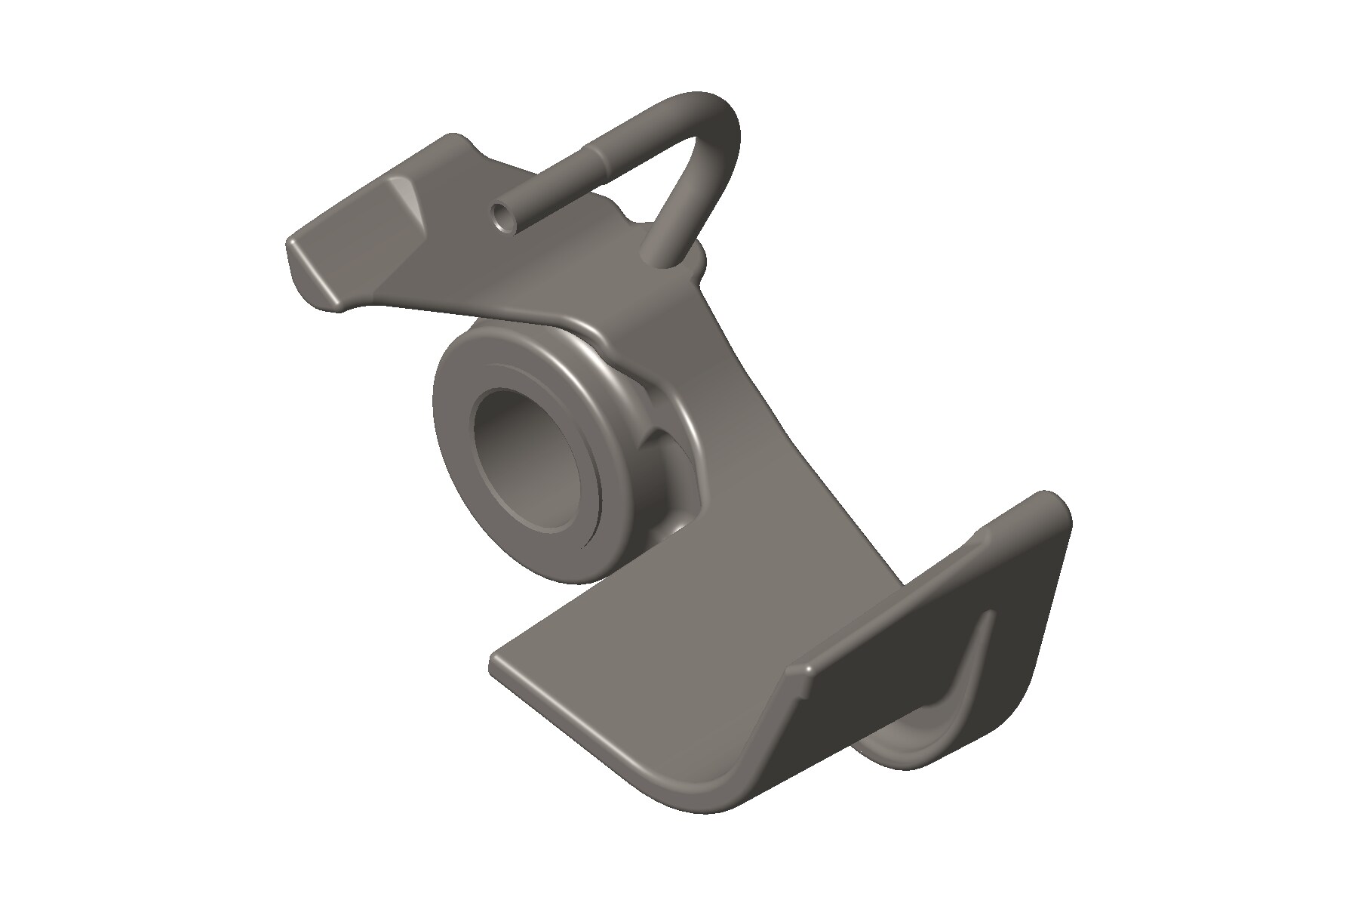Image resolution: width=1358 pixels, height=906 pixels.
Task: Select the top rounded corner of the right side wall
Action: (x=1052, y=502)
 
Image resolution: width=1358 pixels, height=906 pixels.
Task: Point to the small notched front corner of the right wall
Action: (x=801, y=670)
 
